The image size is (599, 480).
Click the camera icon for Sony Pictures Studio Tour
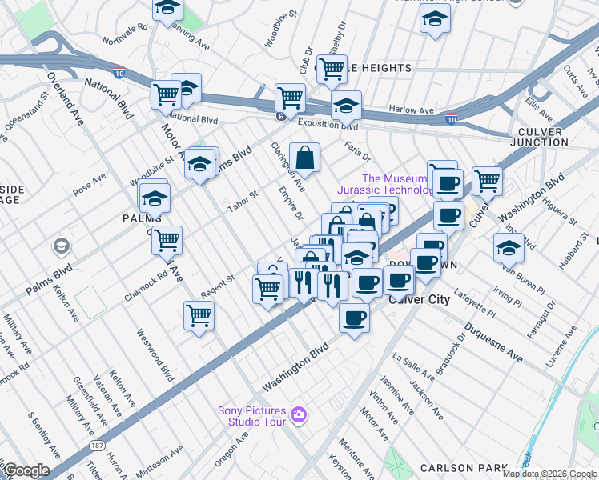(299, 414)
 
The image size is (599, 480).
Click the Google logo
(26, 470)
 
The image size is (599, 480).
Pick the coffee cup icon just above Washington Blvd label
(353, 318)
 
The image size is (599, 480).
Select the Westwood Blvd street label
(156, 354)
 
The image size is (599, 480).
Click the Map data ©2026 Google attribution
(549, 474)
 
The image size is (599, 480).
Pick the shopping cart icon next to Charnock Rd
(167, 240)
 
